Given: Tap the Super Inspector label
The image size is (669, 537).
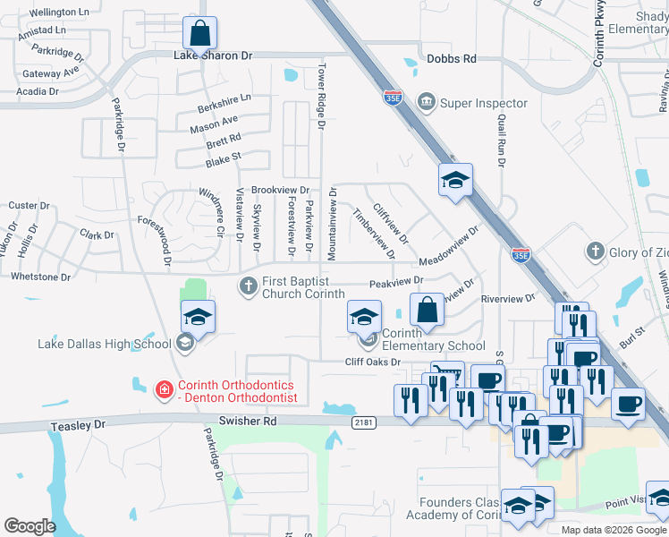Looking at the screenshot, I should [x=484, y=103].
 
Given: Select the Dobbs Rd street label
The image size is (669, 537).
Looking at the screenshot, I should [x=452, y=59].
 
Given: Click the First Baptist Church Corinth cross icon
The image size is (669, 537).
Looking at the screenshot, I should [x=248, y=286].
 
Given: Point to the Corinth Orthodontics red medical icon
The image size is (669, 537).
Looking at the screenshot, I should [x=163, y=389].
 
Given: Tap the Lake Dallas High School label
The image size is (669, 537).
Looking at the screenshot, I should [x=105, y=344].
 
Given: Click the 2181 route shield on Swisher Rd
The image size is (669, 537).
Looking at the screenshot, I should [x=363, y=422].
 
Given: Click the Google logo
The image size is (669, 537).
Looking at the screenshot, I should [x=30, y=526].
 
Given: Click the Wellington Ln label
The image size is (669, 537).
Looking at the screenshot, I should [x=59, y=13].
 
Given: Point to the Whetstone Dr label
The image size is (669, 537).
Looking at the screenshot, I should [x=40, y=277].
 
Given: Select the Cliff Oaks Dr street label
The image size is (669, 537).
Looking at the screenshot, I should [x=372, y=362].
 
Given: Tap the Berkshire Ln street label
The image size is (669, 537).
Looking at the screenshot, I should [x=224, y=103].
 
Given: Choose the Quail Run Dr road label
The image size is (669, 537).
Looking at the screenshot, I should [x=502, y=140].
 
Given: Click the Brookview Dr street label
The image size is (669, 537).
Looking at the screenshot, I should [x=280, y=191].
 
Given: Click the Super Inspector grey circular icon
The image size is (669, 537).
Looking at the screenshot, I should [x=427, y=102].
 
